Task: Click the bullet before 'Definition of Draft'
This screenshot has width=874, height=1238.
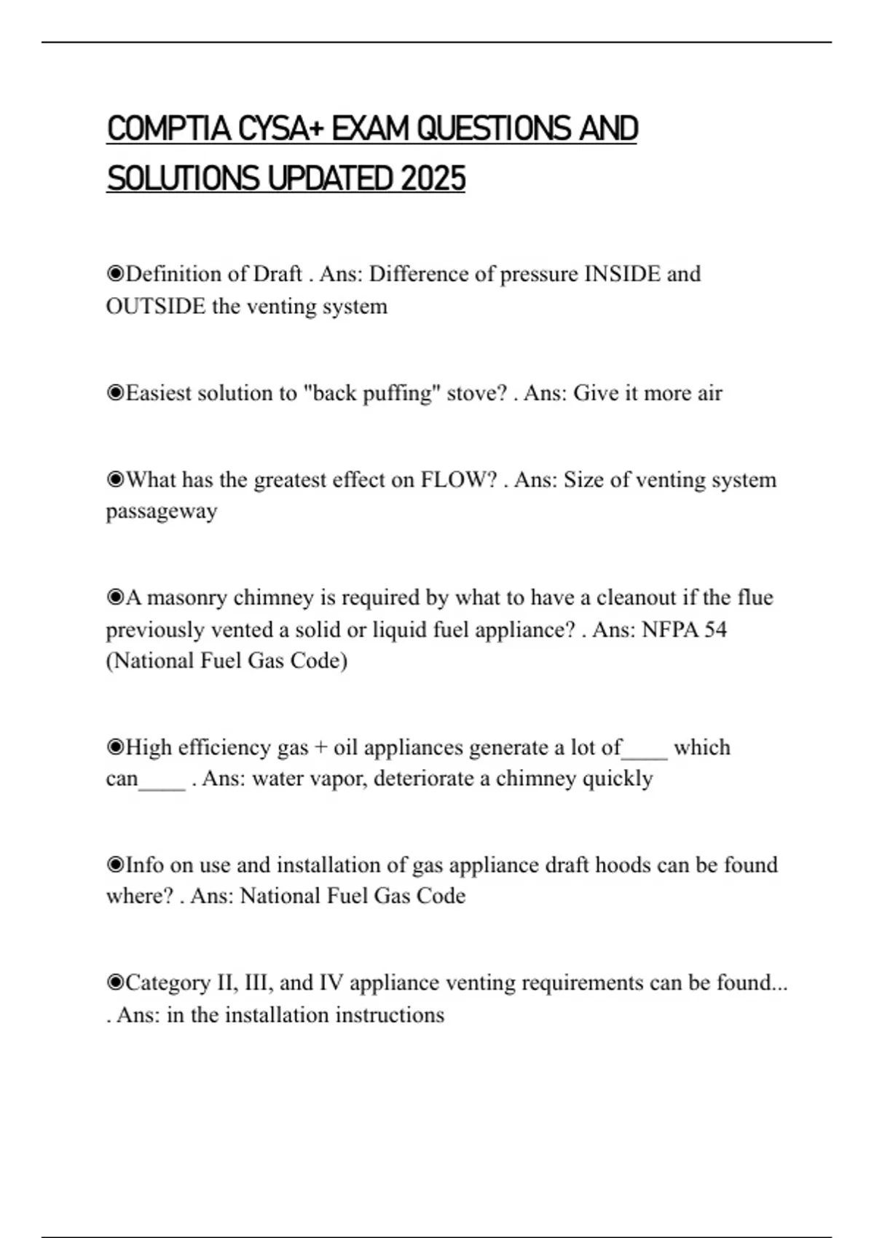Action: pos(115,274)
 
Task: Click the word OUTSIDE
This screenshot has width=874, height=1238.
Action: pos(156,306)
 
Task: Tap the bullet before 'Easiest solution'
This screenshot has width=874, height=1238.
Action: pos(115,393)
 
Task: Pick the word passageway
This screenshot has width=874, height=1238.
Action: pos(162,511)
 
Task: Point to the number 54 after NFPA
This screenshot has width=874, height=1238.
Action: pos(714,629)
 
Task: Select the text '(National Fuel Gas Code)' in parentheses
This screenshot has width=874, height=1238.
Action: pos(227,661)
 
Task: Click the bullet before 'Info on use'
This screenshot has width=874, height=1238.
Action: pos(115,865)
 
